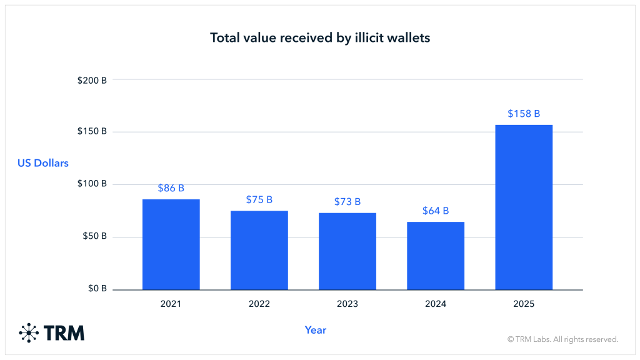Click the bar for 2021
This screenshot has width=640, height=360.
click(x=171, y=244)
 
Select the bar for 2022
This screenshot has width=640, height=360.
click(x=259, y=250)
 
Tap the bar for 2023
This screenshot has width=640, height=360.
click(x=347, y=251)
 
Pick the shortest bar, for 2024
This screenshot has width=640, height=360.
click(x=436, y=256)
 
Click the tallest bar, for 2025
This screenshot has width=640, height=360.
click(x=524, y=207)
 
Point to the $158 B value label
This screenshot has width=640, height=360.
click(x=524, y=114)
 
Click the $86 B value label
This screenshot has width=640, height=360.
click(x=171, y=187)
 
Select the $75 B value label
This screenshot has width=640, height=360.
click(x=259, y=199)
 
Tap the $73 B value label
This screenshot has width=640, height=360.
click(x=347, y=201)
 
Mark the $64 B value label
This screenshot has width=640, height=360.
click(x=436, y=211)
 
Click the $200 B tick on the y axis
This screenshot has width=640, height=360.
click(x=92, y=79)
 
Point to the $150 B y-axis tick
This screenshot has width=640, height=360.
click(x=92, y=132)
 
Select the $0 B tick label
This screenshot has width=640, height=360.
click(x=95, y=289)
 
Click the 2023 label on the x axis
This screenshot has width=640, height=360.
click(x=347, y=304)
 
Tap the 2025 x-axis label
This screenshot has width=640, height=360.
click(x=524, y=304)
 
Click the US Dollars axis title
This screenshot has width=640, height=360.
click(x=42, y=163)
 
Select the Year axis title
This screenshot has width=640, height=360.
click(x=316, y=330)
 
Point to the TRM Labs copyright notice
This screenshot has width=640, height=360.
click(x=562, y=339)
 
